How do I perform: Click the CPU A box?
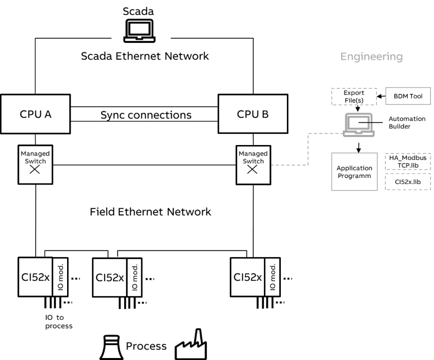point(36,114)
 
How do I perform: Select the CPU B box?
point(253,113)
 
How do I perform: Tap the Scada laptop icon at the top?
point(139,30)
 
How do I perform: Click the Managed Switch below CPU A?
point(36,164)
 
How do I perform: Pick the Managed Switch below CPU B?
point(253,165)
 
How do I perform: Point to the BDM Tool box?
point(408,96)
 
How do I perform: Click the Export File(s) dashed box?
point(354,96)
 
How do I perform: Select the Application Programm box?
point(354,171)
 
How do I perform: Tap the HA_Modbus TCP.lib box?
point(407,161)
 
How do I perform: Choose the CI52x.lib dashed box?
point(407,181)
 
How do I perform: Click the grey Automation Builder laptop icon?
point(359,124)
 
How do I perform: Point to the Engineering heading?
point(371,56)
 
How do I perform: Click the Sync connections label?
point(146,114)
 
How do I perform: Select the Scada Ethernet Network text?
point(145,56)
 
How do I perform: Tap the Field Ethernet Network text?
point(150,212)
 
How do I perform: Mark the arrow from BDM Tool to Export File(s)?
point(381,96)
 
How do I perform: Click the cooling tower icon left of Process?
point(112,347)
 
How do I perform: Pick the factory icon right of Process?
point(191,344)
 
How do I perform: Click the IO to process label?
point(59,321)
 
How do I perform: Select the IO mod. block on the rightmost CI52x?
point(272,277)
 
